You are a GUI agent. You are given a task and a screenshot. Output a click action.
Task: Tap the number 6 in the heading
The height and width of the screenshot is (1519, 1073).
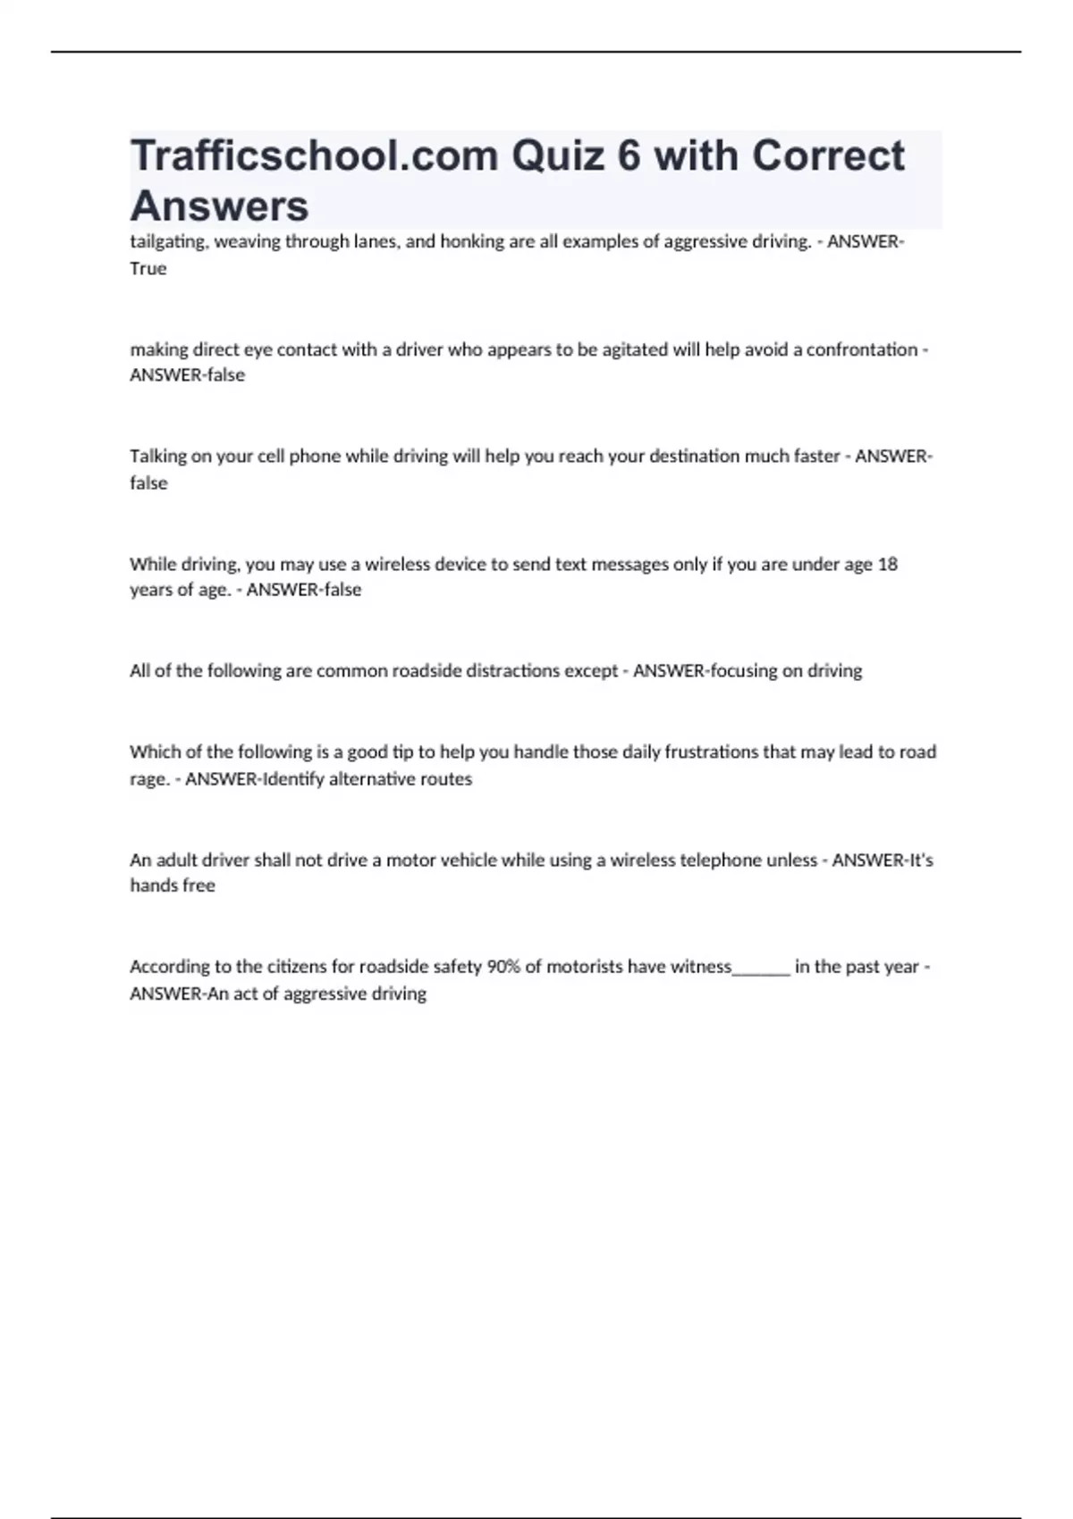pyautogui.click(x=629, y=156)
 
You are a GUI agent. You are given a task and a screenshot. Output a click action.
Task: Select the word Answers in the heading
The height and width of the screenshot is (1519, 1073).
pyautogui.click(x=219, y=206)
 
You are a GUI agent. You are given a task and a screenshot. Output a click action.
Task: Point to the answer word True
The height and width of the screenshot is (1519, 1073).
pyautogui.click(x=148, y=269)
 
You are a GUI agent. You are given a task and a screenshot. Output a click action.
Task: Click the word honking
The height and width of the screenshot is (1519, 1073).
pyautogui.click(x=472, y=242)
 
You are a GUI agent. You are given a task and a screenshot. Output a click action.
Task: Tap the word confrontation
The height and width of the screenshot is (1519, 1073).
pyautogui.click(x=862, y=349)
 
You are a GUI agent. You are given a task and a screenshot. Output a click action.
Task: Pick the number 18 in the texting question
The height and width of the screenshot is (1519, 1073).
pyautogui.click(x=887, y=565)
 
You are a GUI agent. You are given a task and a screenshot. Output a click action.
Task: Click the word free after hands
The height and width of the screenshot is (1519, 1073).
pyautogui.click(x=199, y=885)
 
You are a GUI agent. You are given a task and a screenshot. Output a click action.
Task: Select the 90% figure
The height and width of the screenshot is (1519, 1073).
pyautogui.click(x=503, y=967)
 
